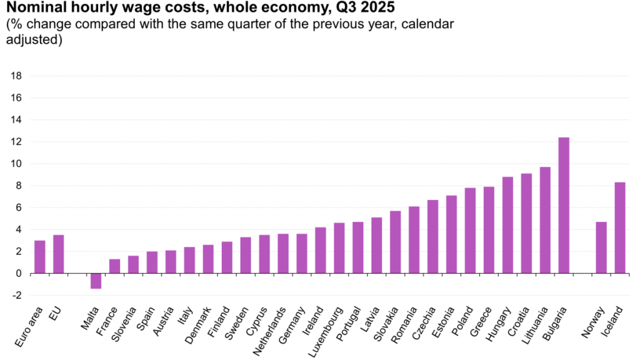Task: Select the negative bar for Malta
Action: click(x=96, y=281)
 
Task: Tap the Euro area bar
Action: click(x=39, y=257)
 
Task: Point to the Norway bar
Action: click(x=601, y=247)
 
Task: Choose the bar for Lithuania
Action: click(x=545, y=220)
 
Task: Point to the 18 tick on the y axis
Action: click(x=17, y=76)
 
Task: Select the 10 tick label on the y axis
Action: click(x=17, y=164)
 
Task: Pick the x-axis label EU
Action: click(x=55, y=312)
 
